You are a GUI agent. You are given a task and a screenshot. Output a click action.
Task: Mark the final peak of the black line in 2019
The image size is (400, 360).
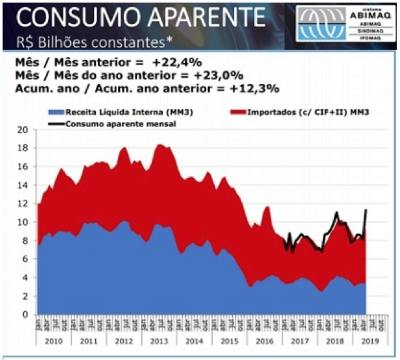click(366, 210)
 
